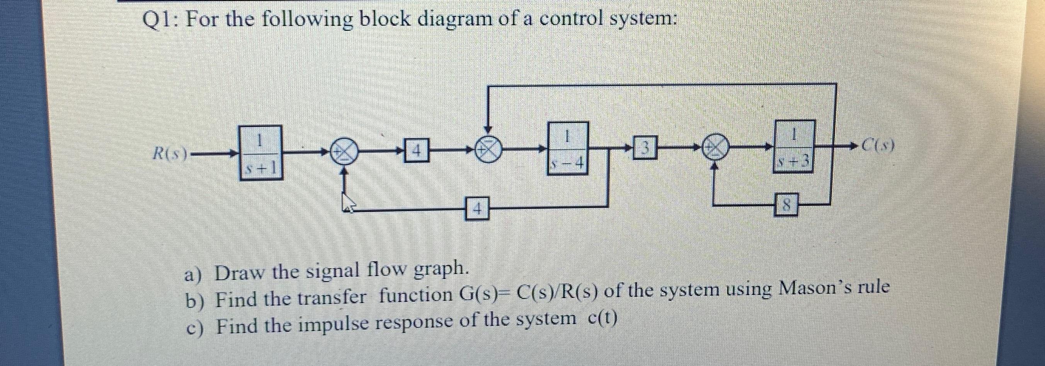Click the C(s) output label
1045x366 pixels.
[x=877, y=145]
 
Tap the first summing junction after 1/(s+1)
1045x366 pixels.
[x=344, y=152]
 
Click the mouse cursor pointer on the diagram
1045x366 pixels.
[x=348, y=203]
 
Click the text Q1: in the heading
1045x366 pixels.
[x=160, y=20]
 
